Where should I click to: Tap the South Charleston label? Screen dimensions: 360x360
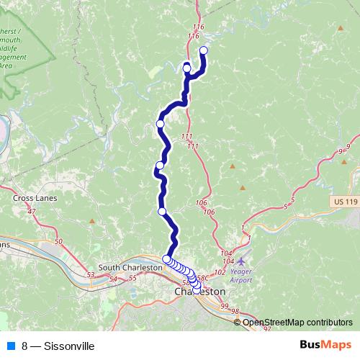130,267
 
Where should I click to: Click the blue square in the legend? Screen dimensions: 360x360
11,346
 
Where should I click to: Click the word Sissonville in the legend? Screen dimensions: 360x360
68,346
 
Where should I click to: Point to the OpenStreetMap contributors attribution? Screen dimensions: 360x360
297,322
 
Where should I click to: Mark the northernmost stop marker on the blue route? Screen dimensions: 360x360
203,50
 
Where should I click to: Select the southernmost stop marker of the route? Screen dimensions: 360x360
197,289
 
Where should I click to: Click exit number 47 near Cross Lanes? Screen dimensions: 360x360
31,212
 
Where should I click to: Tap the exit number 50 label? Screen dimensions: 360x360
58,241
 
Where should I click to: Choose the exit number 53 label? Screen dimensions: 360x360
91,274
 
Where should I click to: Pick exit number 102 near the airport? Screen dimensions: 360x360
220,273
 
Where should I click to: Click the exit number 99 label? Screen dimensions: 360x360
225,307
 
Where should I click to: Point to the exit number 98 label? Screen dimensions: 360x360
235,310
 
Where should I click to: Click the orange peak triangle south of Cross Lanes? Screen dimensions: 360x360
91,221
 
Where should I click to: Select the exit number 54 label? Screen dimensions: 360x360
113,278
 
